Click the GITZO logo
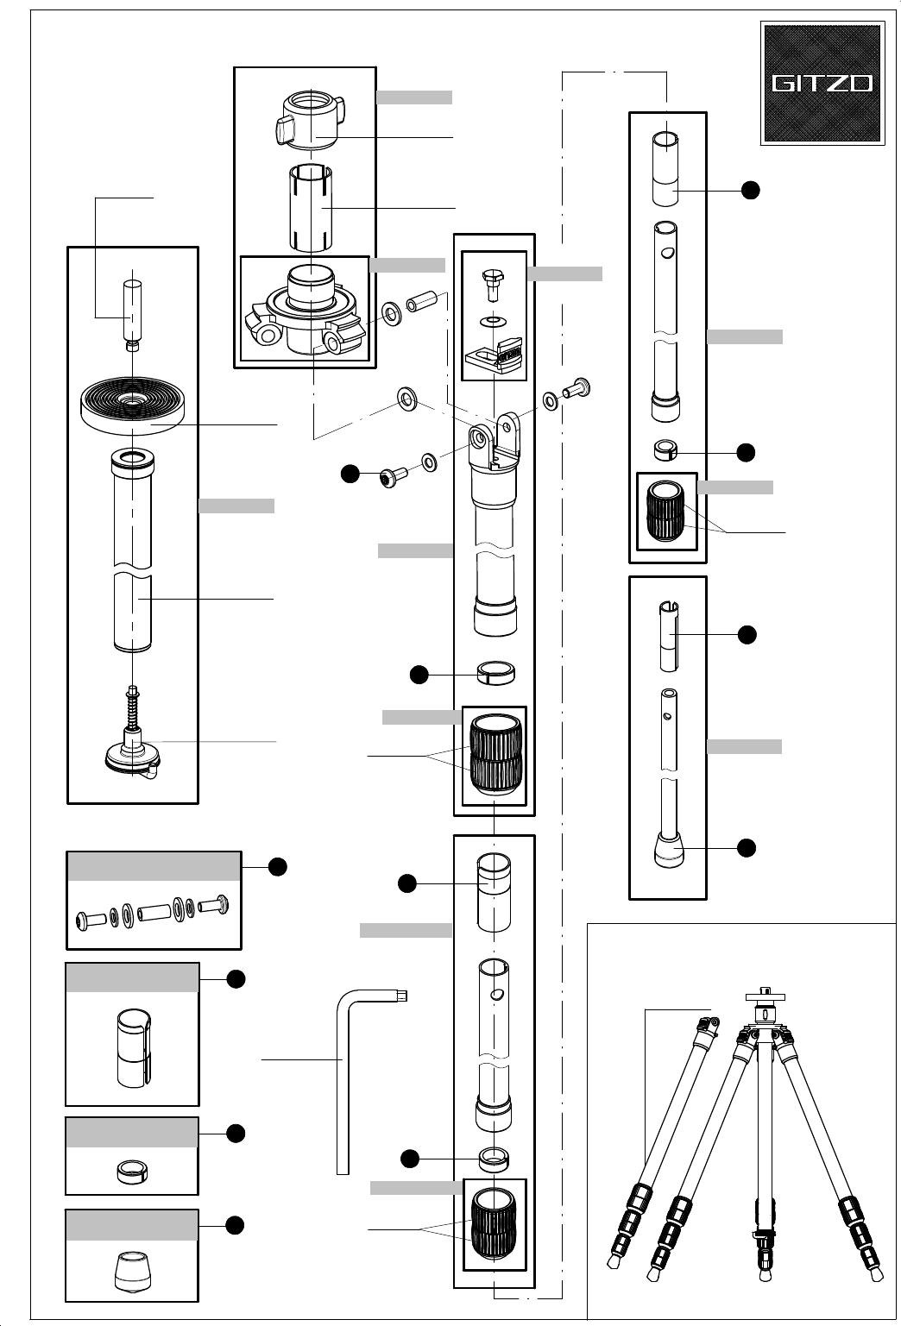coord(822,83)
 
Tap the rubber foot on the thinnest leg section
coord(669,851)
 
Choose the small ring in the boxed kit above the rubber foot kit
coord(132,1171)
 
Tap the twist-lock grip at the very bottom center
coord(495,1225)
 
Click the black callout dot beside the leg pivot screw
coord(350,473)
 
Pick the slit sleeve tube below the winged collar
coord(311,207)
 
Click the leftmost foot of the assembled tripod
coord(613,1261)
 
